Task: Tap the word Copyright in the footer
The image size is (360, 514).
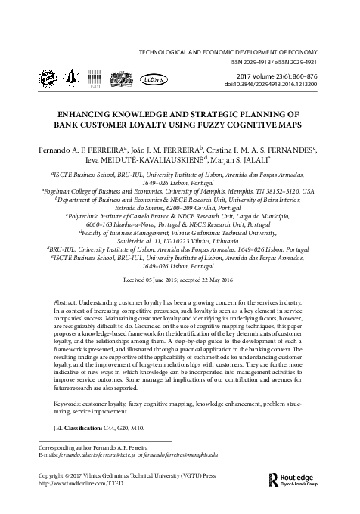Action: point(54,476)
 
